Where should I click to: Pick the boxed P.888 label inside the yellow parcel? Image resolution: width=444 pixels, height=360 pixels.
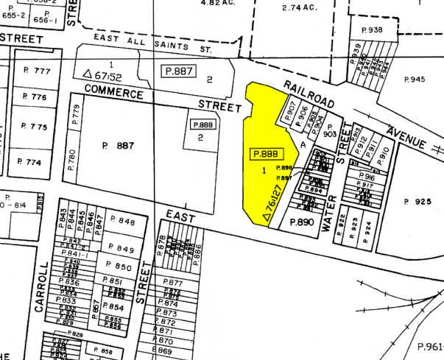267,154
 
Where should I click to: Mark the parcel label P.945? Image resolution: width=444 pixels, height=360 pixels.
416,79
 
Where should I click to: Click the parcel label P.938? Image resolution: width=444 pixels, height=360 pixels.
371,29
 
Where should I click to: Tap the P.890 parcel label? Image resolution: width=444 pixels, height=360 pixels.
301,222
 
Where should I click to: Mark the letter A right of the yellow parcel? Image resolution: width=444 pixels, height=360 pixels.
302,145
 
